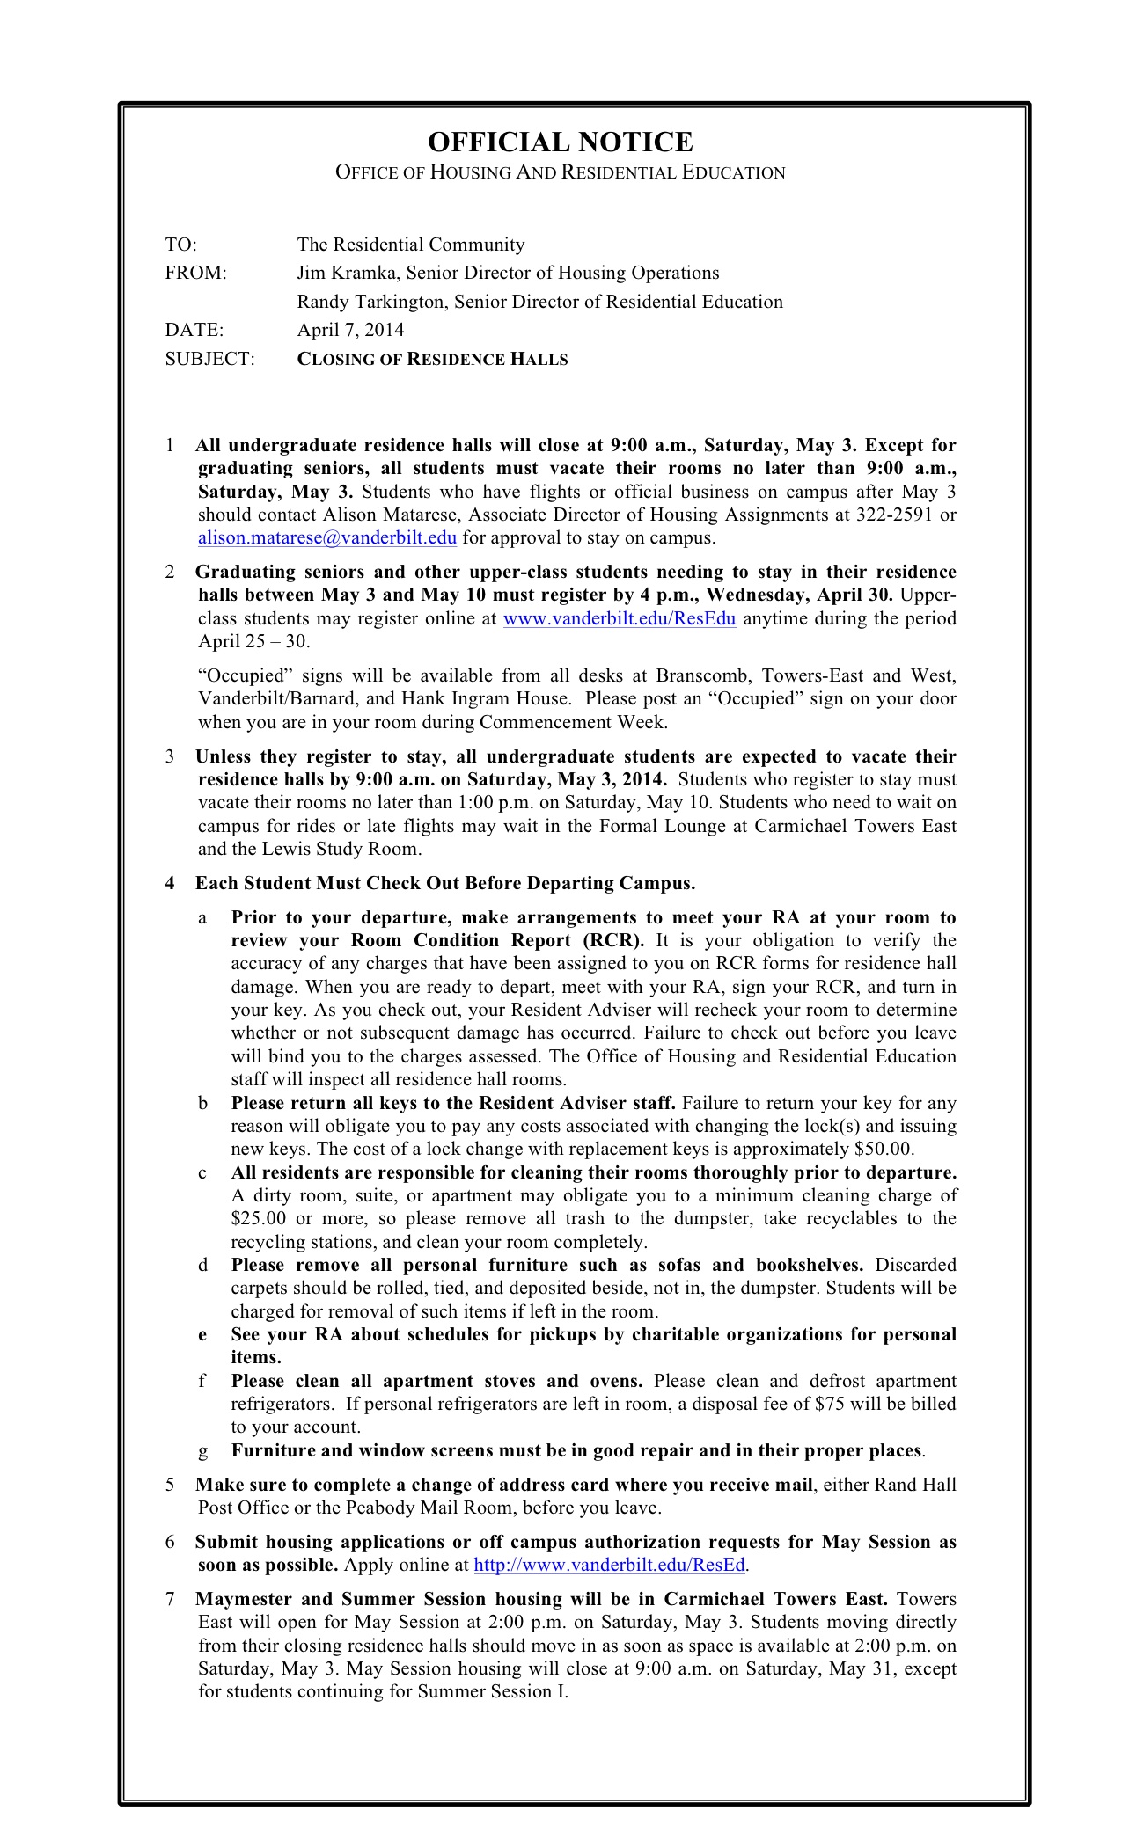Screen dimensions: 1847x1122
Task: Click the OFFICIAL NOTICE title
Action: coord(560,142)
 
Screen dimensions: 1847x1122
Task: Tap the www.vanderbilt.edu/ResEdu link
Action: coord(619,618)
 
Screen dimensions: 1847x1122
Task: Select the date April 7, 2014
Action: coord(350,330)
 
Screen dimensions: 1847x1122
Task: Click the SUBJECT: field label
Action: coord(209,359)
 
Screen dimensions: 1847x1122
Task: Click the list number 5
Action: coord(170,1485)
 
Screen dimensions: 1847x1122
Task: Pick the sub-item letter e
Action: coord(202,1334)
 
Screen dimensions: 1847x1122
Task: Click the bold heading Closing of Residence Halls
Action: coord(432,359)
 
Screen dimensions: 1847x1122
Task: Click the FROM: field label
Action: coord(195,273)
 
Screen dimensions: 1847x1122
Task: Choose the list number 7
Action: coord(170,1599)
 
